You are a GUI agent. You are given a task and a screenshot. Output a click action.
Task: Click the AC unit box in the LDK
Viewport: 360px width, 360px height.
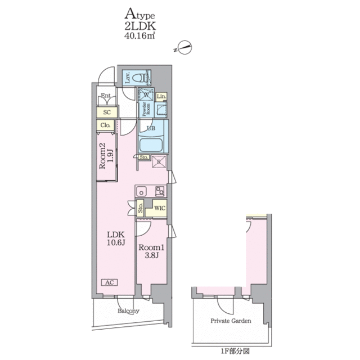click(x=110, y=282)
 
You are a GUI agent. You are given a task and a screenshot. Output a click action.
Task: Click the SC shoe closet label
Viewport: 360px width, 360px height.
click(x=107, y=112)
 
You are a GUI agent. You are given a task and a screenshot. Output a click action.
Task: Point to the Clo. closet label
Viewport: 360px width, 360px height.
click(x=105, y=125)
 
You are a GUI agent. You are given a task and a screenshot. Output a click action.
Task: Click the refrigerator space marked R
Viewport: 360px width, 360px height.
click(x=159, y=162)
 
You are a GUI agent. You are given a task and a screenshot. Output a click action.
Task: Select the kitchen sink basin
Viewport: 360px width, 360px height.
click(x=141, y=191)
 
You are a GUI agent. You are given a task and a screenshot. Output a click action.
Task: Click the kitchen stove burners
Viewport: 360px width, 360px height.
click(x=160, y=191)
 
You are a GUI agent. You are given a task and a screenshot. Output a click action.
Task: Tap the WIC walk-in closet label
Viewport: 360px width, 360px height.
click(x=160, y=208)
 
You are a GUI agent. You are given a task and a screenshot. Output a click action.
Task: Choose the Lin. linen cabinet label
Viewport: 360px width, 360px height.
click(x=161, y=96)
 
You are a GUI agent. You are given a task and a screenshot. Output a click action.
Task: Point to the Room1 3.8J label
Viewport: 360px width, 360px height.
click(x=151, y=251)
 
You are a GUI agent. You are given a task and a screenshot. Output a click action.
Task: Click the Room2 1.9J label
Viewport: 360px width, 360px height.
click(x=106, y=156)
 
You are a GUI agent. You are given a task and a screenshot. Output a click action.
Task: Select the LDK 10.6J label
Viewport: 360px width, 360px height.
click(x=116, y=238)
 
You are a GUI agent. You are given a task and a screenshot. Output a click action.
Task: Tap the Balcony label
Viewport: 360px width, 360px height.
click(x=129, y=311)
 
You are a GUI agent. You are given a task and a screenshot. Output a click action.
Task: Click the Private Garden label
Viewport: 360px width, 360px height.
click(x=231, y=321)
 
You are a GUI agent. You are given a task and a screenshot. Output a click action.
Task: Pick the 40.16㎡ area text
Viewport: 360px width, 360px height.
click(x=139, y=36)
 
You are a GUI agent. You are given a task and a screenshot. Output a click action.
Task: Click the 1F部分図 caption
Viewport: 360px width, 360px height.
click(x=235, y=351)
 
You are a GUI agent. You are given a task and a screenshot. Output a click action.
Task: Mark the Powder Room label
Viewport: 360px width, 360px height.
click(x=146, y=109)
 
